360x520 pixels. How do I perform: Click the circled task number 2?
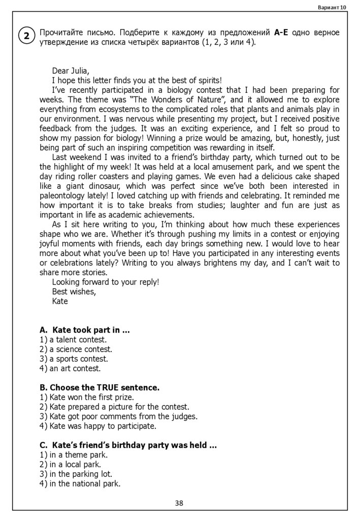pyautogui.click(x=26, y=36)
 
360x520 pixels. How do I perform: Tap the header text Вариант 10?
pyautogui.click(x=332, y=7)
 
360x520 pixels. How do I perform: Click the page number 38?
pyautogui.click(x=179, y=503)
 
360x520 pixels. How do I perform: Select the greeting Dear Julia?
pyautogui.click(x=70, y=71)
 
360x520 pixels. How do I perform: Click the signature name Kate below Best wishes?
pyautogui.click(x=60, y=301)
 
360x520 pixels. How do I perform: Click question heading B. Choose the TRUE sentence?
pyautogui.click(x=100, y=387)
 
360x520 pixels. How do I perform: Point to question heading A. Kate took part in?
pyautogui.click(x=84, y=330)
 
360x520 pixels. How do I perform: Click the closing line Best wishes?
pyautogui.click(x=74, y=291)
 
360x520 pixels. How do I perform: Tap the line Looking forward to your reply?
pyautogui.click(x=105, y=282)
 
